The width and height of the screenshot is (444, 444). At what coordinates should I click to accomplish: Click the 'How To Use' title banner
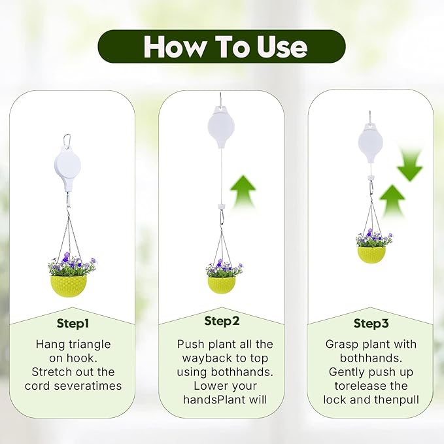click(222, 46)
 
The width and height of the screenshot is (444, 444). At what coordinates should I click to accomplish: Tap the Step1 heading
click(72, 322)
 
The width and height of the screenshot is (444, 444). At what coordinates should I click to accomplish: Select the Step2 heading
click(222, 320)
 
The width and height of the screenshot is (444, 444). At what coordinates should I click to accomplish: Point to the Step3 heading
click(371, 323)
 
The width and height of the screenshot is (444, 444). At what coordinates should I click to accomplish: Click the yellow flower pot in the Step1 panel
click(69, 286)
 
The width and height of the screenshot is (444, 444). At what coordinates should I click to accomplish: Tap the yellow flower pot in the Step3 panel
click(371, 254)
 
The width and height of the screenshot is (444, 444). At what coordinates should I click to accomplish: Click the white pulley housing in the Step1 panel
click(66, 169)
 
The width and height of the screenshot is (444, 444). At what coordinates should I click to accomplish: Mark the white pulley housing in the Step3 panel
click(371, 142)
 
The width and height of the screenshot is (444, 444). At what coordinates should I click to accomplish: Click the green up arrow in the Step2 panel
click(242, 192)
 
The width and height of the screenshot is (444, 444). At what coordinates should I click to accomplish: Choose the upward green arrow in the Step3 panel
click(393, 201)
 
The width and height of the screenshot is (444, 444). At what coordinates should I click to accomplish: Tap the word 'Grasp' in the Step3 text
click(341, 344)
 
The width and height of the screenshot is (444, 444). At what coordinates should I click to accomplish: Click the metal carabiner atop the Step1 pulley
click(66, 140)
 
